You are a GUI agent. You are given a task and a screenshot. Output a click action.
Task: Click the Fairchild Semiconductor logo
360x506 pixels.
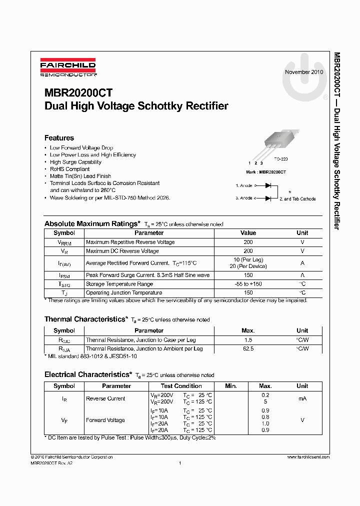pyautogui.click(x=68, y=68)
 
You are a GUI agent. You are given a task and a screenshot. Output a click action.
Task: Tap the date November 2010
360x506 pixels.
pyautogui.click(x=304, y=72)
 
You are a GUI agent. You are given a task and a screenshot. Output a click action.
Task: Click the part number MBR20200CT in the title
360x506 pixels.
pyautogui.click(x=78, y=93)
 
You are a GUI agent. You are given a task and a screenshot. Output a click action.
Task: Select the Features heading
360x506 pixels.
pyautogui.click(x=59, y=138)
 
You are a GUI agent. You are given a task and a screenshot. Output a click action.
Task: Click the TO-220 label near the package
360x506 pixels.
pyautogui.click(x=281, y=158)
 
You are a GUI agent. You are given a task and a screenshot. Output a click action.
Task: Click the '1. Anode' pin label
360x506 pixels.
pyautogui.click(x=244, y=185)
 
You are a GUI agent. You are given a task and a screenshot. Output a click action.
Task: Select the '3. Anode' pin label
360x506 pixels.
pyautogui.click(x=244, y=198)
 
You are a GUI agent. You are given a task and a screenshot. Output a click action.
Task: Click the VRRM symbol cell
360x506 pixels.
pyautogui.click(x=64, y=242)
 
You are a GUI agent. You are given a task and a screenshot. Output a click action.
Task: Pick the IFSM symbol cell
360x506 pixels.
pyautogui.click(x=64, y=275)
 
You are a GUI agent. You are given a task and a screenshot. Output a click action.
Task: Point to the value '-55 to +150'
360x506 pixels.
pyautogui.click(x=248, y=284)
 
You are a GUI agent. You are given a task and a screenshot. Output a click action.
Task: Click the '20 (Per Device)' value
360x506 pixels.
pyautogui.click(x=248, y=266)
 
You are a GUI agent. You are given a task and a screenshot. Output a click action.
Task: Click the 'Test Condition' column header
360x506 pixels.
pyautogui.click(x=181, y=386)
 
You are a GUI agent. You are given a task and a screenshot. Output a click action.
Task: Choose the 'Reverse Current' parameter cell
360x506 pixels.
pyautogui.click(x=105, y=398)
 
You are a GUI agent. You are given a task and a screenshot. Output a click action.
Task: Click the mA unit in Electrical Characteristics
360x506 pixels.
pyautogui.click(x=302, y=398)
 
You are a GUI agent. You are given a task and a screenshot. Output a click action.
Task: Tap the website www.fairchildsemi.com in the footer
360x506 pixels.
pyautogui.click(x=308, y=457)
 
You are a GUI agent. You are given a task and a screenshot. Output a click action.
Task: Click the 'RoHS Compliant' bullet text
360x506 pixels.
pyautogui.click(x=70, y=169)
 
